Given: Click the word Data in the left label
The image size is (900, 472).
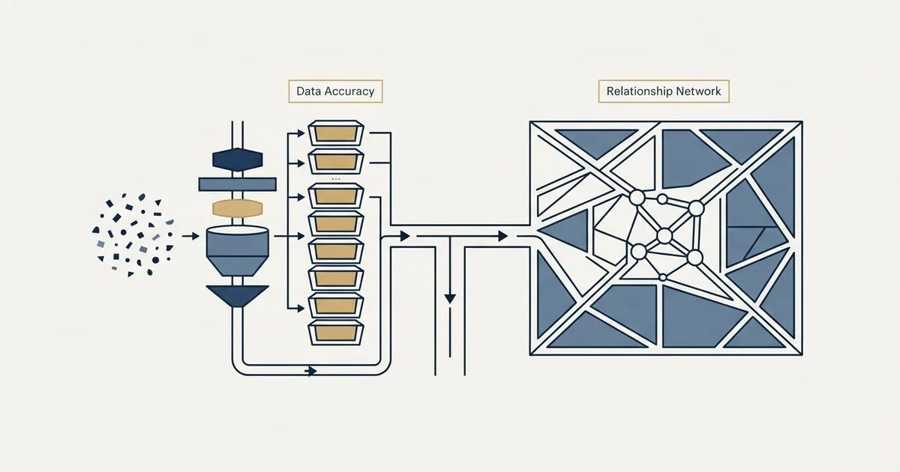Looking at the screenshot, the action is coord(308,91).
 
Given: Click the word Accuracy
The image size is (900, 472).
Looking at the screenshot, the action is coord(349,91).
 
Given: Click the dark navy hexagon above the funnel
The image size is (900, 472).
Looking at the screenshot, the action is coord(238,160).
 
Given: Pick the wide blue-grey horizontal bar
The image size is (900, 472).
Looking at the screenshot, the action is coord(238,184).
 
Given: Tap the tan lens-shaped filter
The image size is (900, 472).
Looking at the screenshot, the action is coord(238,208).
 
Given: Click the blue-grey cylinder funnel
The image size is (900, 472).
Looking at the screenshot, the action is coord(238,251).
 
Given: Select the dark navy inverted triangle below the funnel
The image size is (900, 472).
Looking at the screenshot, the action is coord(238,296).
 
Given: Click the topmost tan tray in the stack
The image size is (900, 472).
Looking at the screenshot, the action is coord(336,133).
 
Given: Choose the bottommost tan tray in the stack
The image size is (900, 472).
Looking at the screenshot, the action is coord(336,333).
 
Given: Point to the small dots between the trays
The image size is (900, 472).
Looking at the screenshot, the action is coord(336,179).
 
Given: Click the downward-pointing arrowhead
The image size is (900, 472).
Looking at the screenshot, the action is coord(450,299).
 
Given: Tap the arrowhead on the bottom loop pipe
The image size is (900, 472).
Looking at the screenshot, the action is coord(312,371).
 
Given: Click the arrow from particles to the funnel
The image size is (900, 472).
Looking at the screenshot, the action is coord(190,237).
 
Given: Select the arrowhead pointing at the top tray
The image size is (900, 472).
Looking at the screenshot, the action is coord(301,133).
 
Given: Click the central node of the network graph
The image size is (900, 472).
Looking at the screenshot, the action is coord(664,236).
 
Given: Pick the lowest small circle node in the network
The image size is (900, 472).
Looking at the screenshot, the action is coord(663,277).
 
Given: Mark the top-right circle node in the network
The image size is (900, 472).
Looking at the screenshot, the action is coord(696,208).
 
